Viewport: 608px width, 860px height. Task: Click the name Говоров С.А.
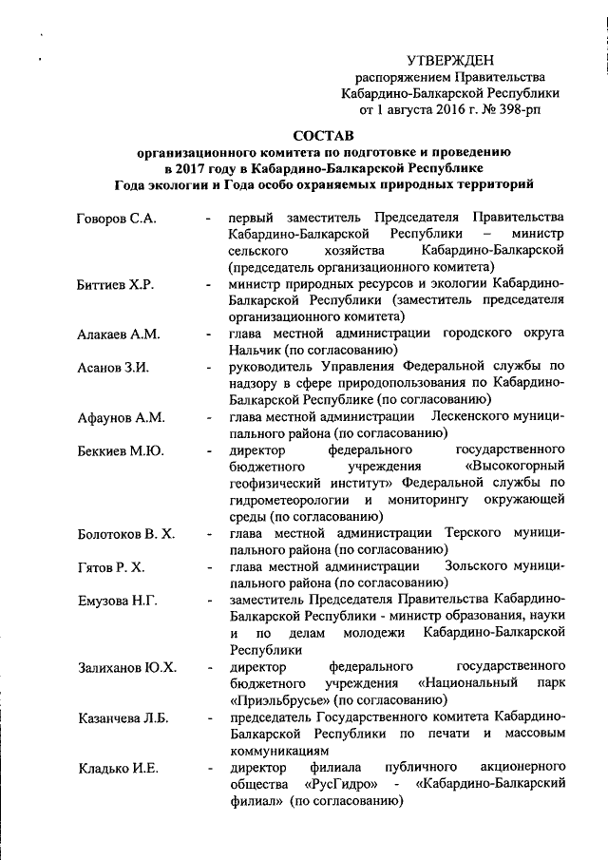[116, 219]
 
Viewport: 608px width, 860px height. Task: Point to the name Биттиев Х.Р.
[116, 285]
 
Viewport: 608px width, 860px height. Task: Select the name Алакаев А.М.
[119, 334]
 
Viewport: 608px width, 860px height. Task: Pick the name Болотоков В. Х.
[126, 534]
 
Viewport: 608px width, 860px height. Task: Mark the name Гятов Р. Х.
[110, 567]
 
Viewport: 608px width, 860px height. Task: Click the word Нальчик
[255, 351]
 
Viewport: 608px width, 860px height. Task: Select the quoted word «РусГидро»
[341, 785]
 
